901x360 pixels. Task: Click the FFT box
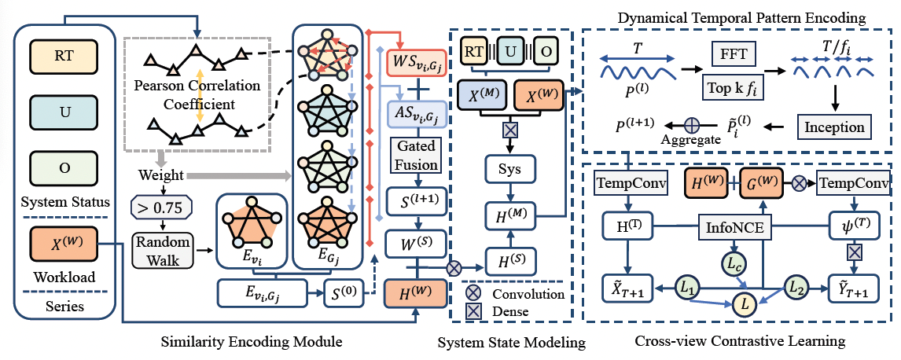(x=734, y=55)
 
